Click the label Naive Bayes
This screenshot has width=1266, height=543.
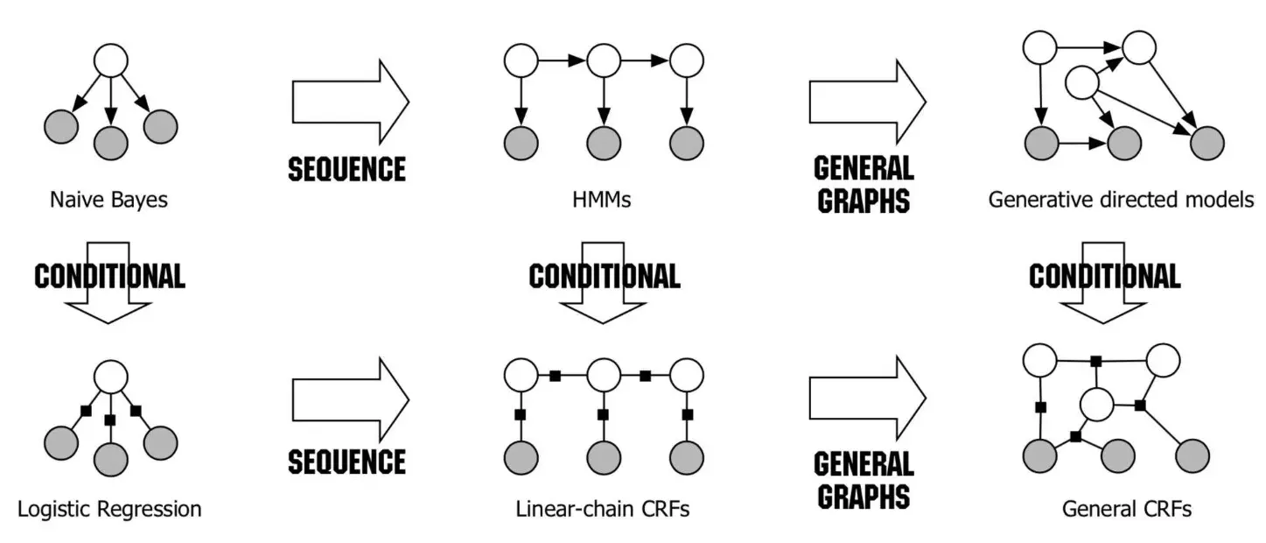coord(109,200)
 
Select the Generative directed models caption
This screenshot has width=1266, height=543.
coord(1121,200)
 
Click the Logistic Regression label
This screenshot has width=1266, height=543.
coord(109,508)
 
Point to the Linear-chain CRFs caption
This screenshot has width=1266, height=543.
coord(603,508)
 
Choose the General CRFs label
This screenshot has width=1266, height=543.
coord(1127,508)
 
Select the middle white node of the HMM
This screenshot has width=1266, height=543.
coord(603,61)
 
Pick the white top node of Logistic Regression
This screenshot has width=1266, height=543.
coord(111,377)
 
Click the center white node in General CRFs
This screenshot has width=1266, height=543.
coord(1096,405)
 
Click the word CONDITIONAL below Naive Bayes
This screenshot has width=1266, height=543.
coord(109,277)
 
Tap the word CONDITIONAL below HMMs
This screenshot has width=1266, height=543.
coord(604,277)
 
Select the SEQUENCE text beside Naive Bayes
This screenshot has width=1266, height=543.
coord(347,168)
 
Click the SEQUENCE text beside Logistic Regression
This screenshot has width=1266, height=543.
coord(347,461)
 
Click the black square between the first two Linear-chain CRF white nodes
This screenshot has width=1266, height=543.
coord(555,377)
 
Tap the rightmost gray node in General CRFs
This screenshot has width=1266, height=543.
coord(1193,455)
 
